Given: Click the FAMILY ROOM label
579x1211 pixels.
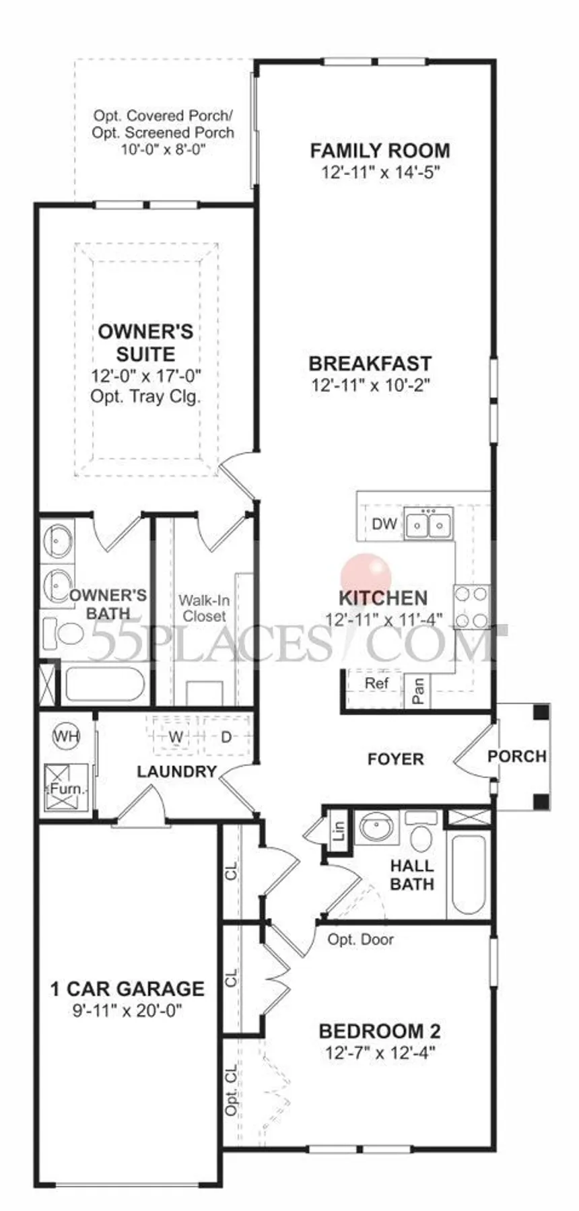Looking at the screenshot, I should click(x=380, y=151).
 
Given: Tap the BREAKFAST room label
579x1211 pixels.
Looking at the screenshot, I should click(x=370, y=364).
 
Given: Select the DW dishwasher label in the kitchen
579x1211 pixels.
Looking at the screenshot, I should click(x=384, y=524).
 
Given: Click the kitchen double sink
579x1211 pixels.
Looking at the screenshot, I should click(x=429, y=524).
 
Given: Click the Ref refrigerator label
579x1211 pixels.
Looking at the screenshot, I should click(x=376, y=683).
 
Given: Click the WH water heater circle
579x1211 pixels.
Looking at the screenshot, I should click(x=65, y=736).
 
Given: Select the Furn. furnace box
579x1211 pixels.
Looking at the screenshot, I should click(x=65, y=786).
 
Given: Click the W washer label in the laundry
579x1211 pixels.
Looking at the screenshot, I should click(x=175, y=737).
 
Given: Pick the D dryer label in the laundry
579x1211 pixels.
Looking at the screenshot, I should click(x=226, y=737).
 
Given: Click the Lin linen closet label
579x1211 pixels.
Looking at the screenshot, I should click(x=338, y=831).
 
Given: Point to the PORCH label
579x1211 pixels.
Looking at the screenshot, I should click(x=516, y=756).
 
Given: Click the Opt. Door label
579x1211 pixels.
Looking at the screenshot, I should click(x=360, y=940).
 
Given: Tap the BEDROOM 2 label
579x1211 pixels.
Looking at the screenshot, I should click(x=379, y=1031).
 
